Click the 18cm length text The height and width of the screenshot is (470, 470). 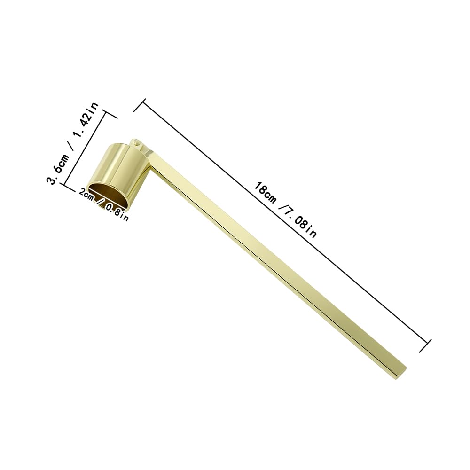[265, 192]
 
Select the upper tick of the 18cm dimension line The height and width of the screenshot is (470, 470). [140, 105]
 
